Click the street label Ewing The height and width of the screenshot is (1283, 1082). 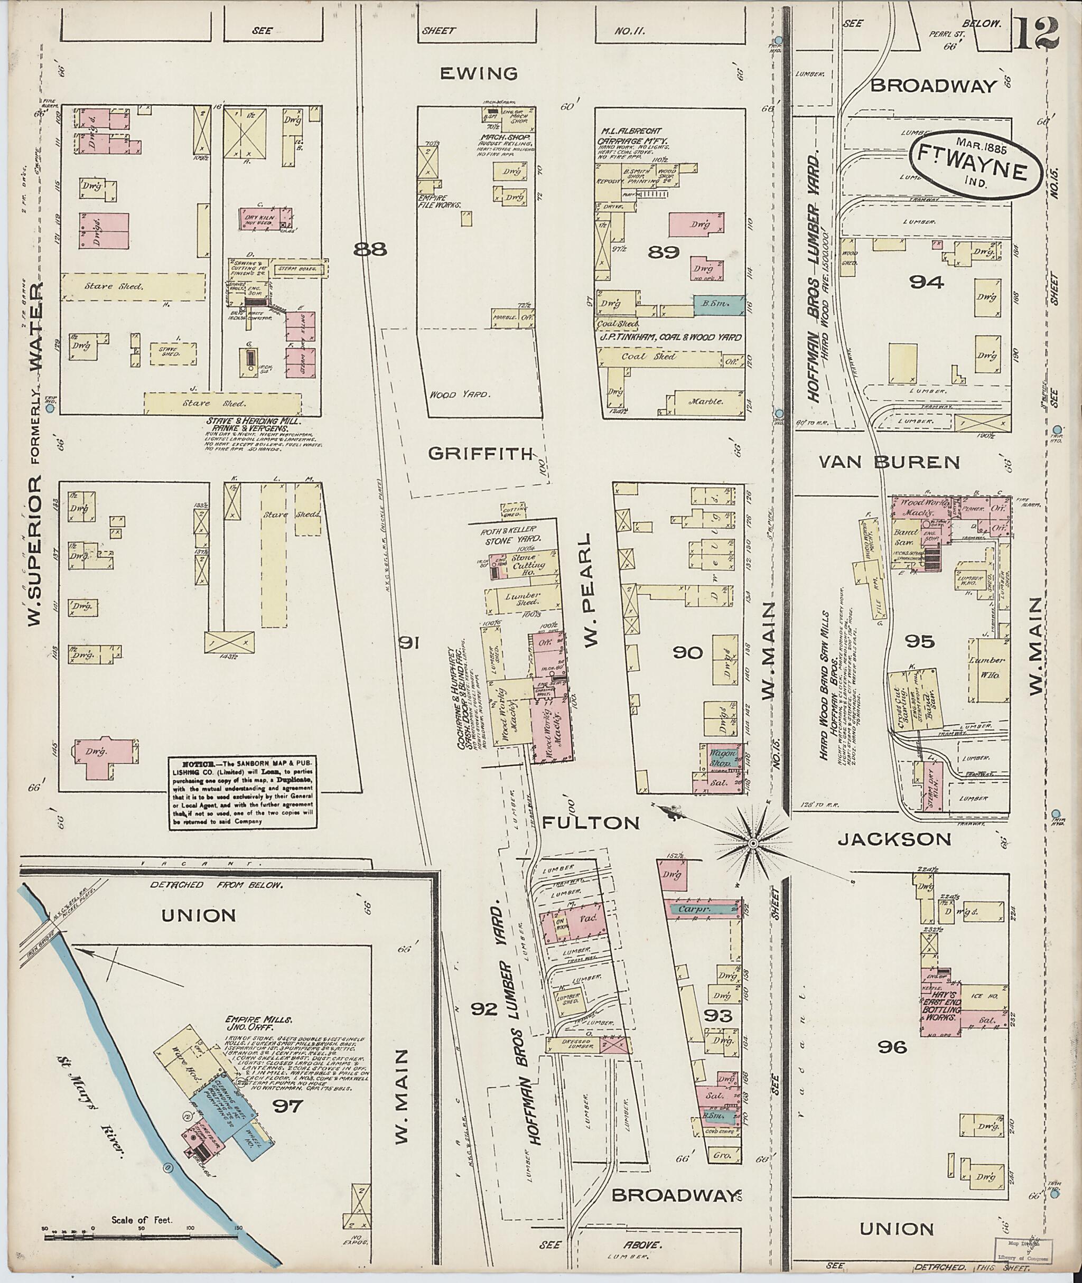pos(479,74)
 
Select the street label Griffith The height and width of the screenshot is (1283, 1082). pos(480,454)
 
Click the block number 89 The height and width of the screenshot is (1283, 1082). pos(664,251)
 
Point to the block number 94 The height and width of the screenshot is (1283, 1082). pos(926,282)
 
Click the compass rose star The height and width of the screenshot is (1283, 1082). pos(752,844)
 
